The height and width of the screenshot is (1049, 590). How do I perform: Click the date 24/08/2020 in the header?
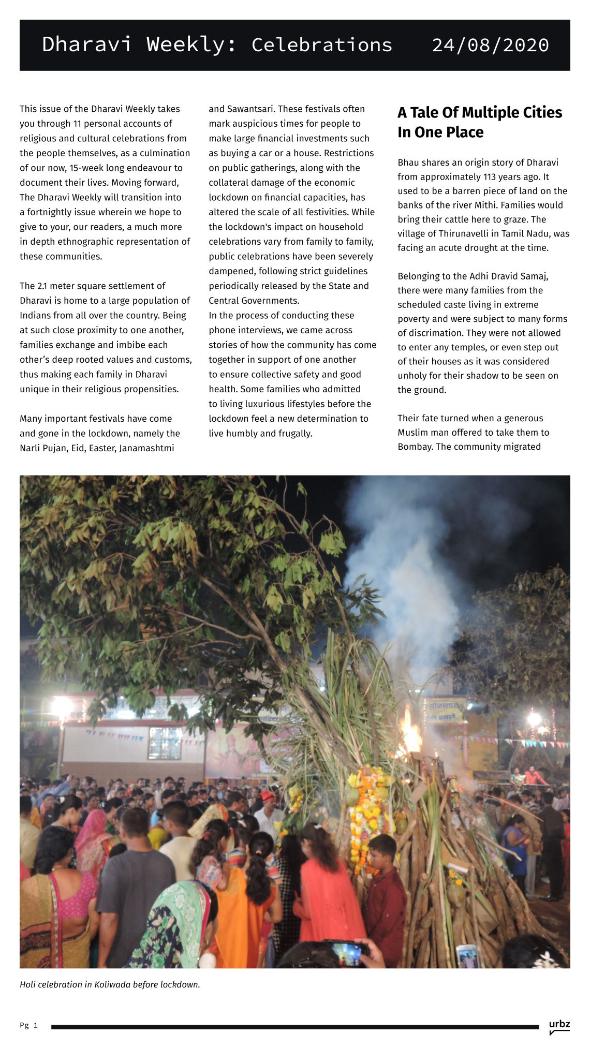click(490, 45)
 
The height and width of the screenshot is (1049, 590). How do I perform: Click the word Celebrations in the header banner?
click(321, 45)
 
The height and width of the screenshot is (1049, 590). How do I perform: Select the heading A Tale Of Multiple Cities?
click(479, 113)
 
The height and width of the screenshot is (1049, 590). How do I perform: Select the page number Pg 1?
click(28, 1025)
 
